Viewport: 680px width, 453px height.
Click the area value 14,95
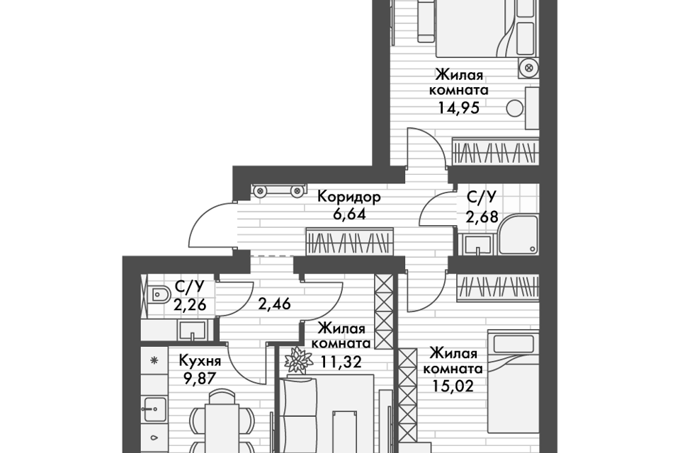(458, 108)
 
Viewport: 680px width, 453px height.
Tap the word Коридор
(349, 197)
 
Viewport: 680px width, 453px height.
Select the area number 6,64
(349, 214)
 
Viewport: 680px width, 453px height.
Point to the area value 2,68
(482, 217)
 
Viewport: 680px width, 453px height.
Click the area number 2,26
(190, 305)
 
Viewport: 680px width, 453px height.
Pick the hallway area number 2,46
(274, 304)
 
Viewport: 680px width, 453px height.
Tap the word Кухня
(200, 361)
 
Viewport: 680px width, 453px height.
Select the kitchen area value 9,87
(200, 379)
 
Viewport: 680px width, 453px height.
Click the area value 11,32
(341, 361)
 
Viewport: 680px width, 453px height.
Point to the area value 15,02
(453, 385)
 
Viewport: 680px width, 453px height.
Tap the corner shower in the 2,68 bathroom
(518, 234)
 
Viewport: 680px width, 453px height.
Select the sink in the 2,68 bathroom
(477, 246)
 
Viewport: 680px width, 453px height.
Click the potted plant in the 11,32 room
(299, 360)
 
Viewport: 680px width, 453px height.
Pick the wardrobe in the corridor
(349, 241)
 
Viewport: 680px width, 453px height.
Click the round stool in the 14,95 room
(515, 108)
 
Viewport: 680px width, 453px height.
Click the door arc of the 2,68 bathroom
(437, 209)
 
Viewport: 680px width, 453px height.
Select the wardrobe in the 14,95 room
(495, 151)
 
